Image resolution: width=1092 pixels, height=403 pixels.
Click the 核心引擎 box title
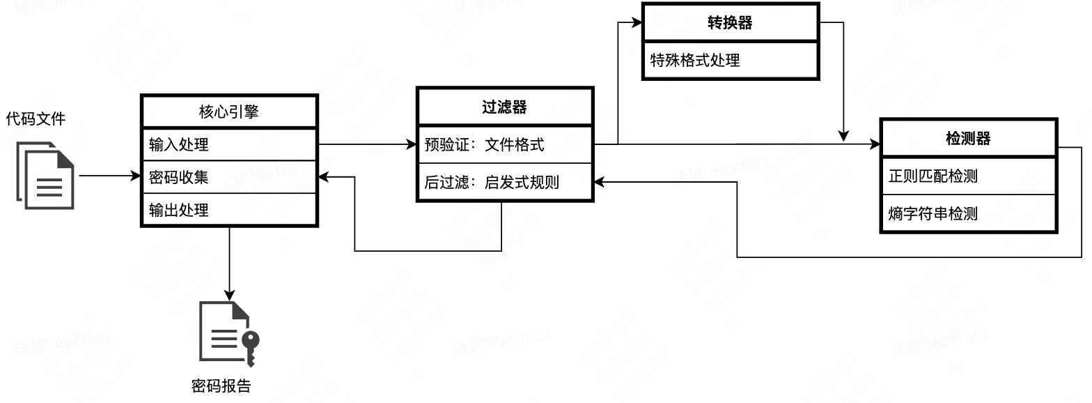coord(229,112)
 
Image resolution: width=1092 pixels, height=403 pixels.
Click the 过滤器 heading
coord(504,107)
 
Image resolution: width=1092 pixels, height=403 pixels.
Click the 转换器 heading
coord(729,23)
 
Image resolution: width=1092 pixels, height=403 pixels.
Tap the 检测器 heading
coord(968,139)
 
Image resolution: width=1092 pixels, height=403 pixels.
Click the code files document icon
coord(45,175)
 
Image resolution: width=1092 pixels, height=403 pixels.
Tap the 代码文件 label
coord(36,119)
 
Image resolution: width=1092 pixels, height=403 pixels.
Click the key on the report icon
coord(249,345)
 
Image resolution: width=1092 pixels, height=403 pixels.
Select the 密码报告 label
coord(221,386)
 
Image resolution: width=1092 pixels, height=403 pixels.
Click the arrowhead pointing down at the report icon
coord(228,295)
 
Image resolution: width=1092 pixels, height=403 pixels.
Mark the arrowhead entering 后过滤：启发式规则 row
coord(598,182)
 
